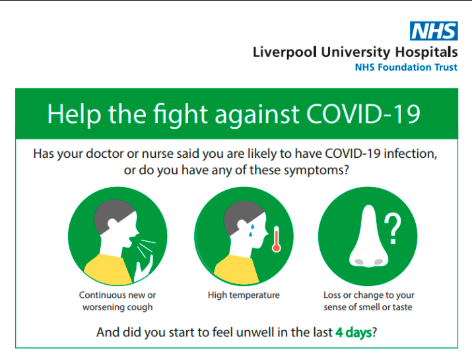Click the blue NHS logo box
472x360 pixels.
pos(434,31)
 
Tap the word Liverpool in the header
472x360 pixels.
pos(285,52)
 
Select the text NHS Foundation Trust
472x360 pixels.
pos(406,67)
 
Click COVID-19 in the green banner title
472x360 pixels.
pos(363,114)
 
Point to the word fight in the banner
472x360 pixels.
pos(181,116)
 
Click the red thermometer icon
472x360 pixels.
pos(277,239)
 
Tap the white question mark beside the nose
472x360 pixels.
pos(393,229)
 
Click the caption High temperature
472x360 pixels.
pos(244,295)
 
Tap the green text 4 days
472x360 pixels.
pos(353,332)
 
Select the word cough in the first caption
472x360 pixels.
pos(140,307)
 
